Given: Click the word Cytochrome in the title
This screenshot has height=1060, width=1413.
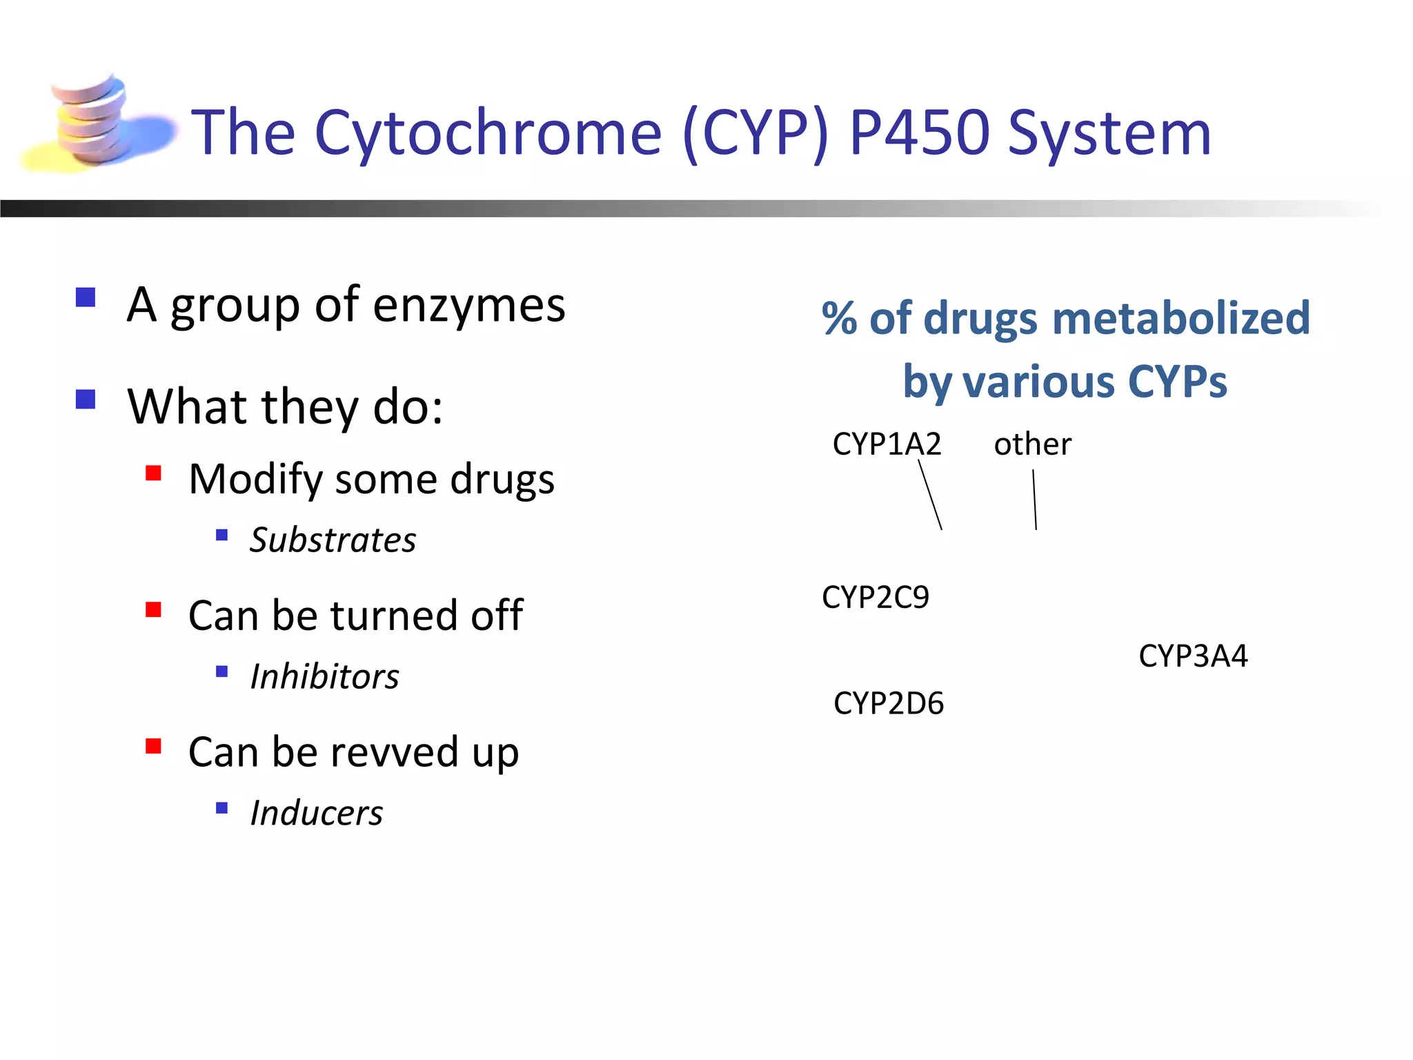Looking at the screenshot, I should (x=488, y=132).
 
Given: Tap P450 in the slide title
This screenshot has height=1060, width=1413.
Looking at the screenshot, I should (x=919, y=132).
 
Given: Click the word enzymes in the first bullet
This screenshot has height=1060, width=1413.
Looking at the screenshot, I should (x=469, y=305).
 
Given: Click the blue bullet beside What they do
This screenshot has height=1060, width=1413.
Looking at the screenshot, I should (x=86, y=400).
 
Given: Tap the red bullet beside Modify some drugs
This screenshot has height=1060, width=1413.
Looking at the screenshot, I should (x=153, y=473).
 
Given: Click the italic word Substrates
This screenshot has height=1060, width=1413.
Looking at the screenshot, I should (x=333, y=540).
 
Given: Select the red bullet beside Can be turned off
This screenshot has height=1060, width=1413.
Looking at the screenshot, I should (x=153, y=609).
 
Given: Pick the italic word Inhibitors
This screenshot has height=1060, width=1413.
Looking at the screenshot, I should (x=324, y=676).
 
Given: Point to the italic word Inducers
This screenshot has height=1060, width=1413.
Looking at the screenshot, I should (x=316, y=813).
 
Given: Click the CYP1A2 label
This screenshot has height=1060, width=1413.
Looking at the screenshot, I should (x=887, y=444).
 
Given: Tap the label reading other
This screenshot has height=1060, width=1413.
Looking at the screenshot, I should (x=1032, y=444).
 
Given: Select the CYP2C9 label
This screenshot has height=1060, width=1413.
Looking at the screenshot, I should (x=875, y=597).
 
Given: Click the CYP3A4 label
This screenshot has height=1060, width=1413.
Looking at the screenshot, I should (x=1193, y=656).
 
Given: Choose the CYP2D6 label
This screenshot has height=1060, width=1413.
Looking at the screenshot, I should (x=888, y=703).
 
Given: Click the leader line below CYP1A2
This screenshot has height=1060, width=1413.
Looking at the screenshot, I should (x=930, y=495).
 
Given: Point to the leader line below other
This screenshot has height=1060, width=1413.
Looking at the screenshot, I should (x=1034, y=500).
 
